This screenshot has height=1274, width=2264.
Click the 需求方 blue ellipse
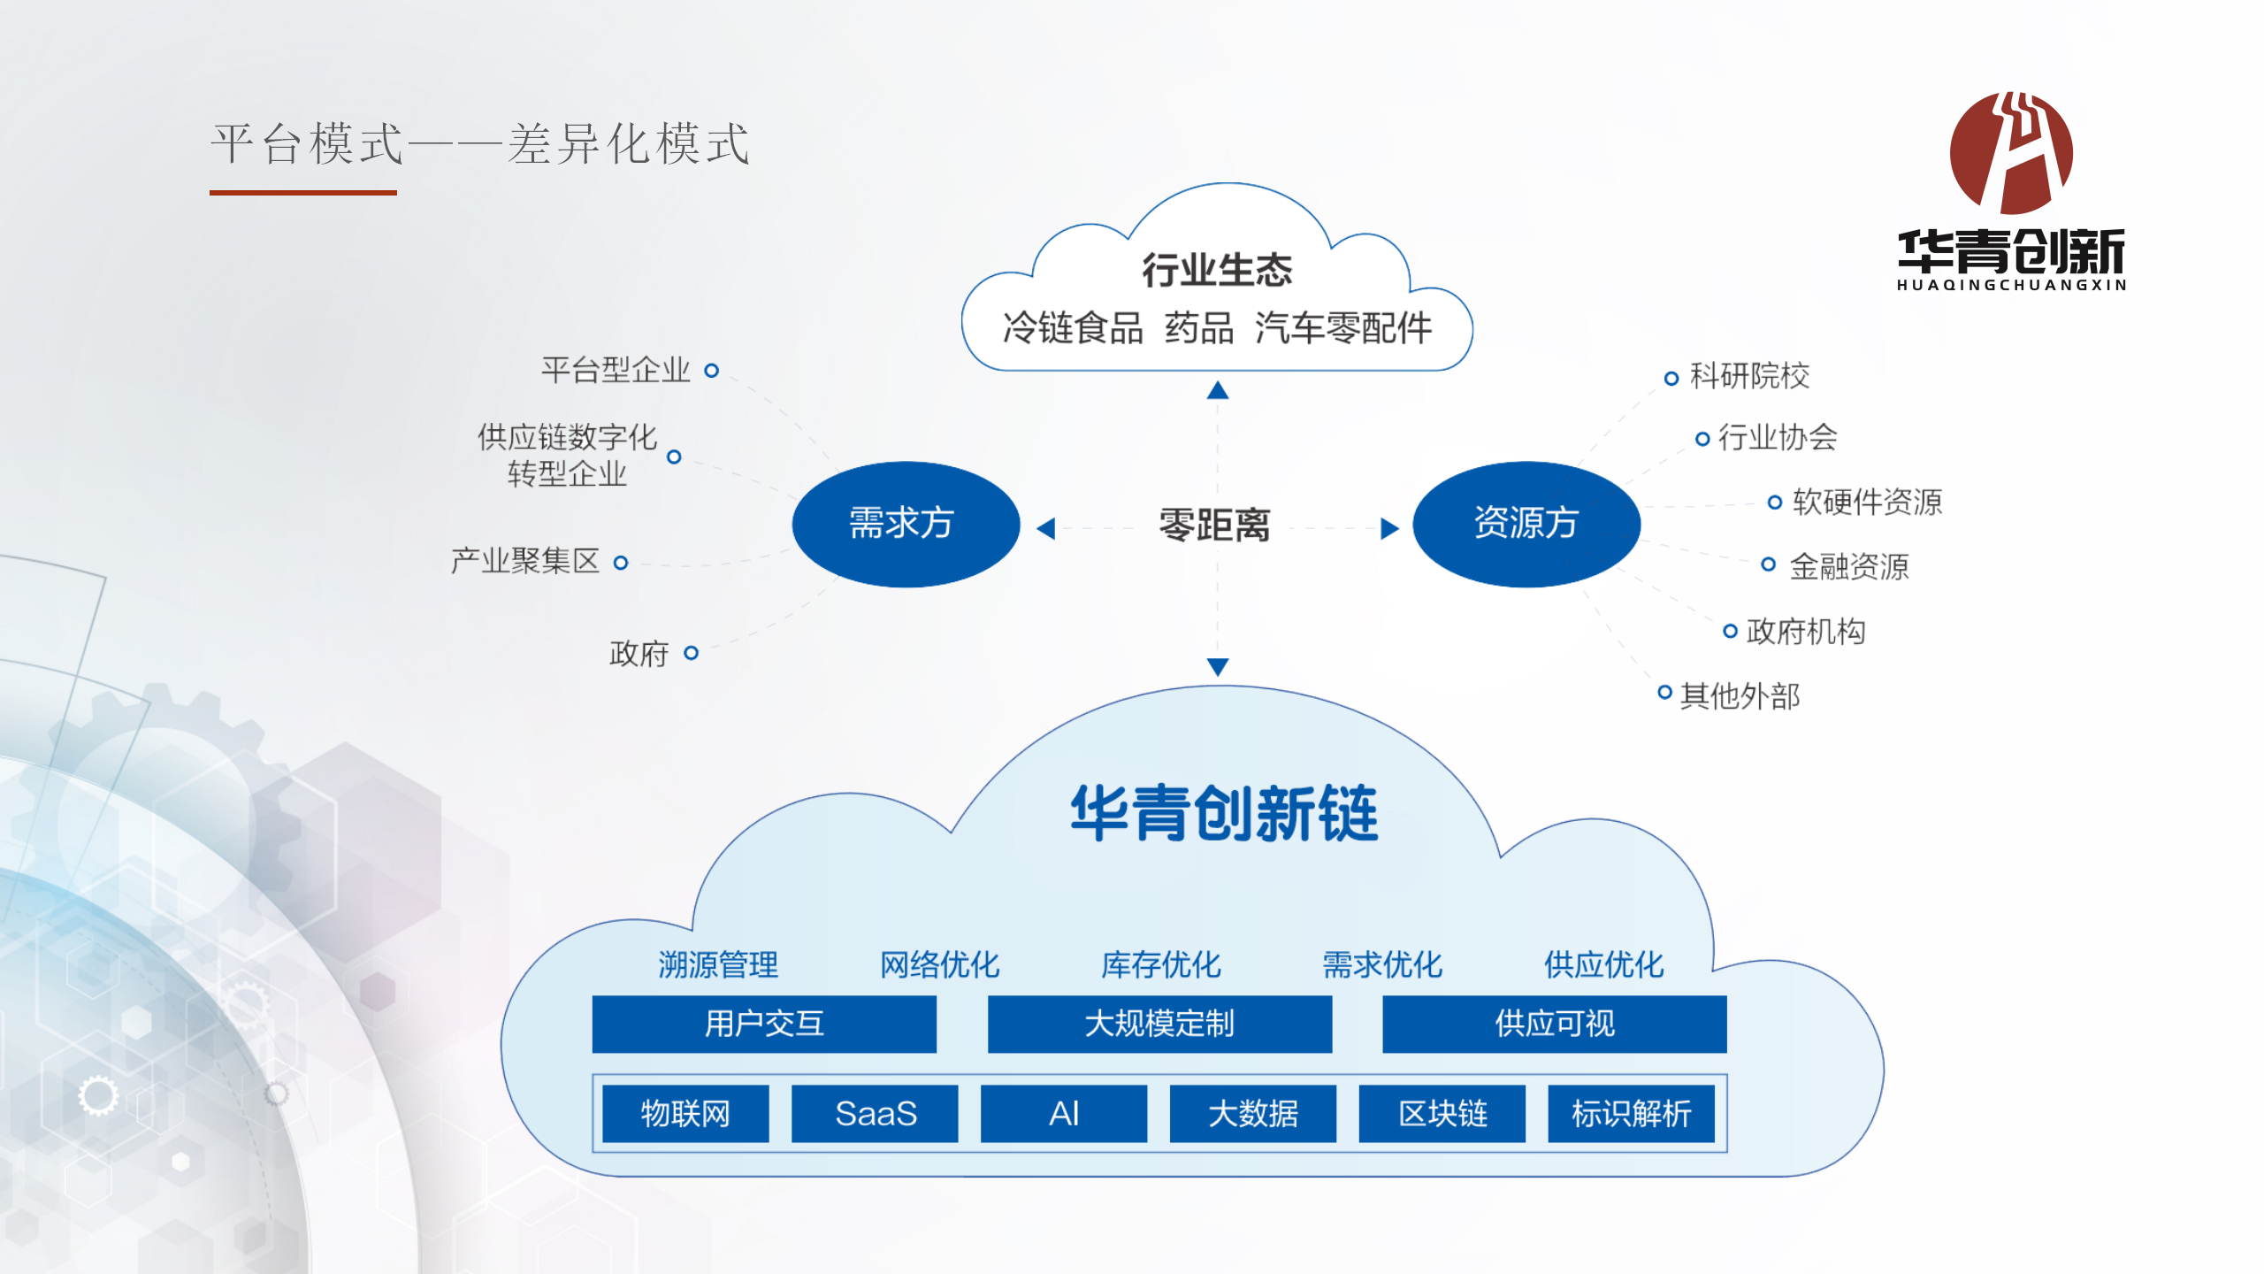[x=906, y=524]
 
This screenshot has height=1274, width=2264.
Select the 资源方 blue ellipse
[x=1526, y=524]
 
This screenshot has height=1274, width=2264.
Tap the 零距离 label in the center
[x=1214, y=525]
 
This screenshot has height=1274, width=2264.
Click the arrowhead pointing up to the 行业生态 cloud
[x=1218, y=390]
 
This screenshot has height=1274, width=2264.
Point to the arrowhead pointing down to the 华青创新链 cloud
[x=1218, y=667]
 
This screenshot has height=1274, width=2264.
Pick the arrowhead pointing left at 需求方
[x=1046, y=528]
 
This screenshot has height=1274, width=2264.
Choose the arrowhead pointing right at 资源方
[x=1390, y=528]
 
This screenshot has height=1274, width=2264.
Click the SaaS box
[x=875, y=1113]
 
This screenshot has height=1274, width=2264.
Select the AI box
[x=1064, y=1113]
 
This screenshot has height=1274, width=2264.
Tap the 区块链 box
[x=1442, y=1113]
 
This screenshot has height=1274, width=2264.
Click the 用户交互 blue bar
[x=764, y=1024]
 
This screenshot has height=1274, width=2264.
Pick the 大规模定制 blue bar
[x=1159, y=1024]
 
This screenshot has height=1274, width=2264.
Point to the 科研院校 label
[x=1749, y=376]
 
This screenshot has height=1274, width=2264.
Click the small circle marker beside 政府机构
[x=1730, y=631]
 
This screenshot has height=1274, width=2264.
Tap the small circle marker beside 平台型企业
[x=711, y=370]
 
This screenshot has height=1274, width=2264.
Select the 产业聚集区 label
[x=525, y=560]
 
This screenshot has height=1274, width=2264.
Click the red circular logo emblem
[x=2011, y=152]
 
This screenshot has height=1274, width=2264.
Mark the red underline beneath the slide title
[x=303, y=192]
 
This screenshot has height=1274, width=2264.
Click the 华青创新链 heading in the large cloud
[x=1224, y=812]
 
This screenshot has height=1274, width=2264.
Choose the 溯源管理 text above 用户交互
[x=718, y=964]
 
